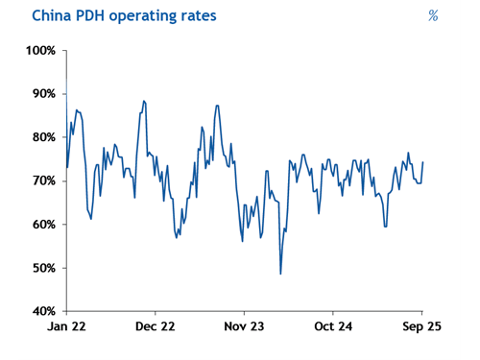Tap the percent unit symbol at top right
(433, 15)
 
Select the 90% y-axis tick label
(43, 93)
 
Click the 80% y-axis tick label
(43, 137)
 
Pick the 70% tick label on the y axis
(43, 180)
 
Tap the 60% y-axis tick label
(43, 225)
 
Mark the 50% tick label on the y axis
(43, 268)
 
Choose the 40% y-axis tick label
(43, 311)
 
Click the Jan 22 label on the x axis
(66, 326)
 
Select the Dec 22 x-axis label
(155, 326)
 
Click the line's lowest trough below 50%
(280, 274)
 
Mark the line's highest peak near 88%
(144, 101)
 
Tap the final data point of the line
(423, 162)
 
